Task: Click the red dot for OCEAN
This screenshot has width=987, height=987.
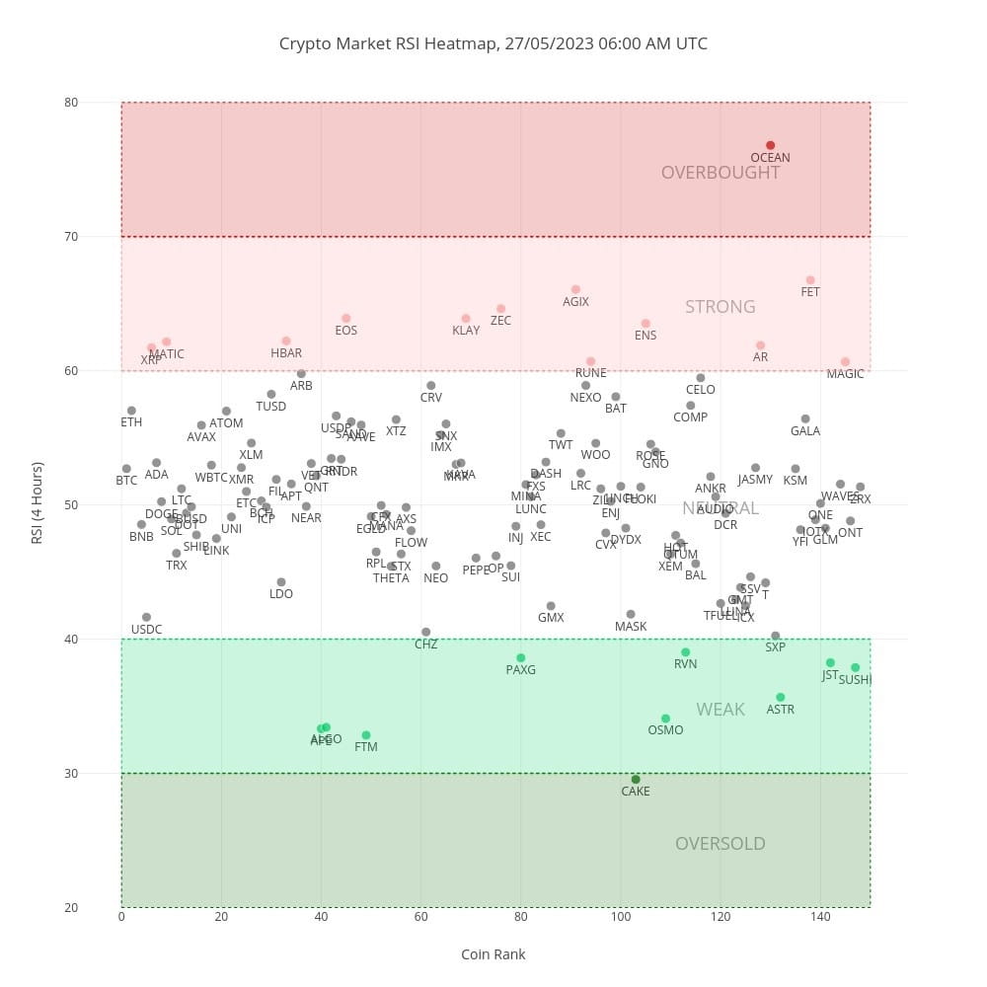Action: (x=770, y=146)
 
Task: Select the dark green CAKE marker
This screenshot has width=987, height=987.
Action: (x=636, y=780)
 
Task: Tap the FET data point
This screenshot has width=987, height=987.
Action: (x=810, y=280)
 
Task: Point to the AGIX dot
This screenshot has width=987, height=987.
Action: (x=575, y=290)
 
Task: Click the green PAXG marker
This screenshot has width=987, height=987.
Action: (x=520, y=658)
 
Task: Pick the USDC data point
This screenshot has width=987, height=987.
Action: (x=146, y=618)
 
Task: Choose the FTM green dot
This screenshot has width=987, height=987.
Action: (x=366, y=735)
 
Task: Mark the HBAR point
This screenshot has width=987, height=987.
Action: (x=286, y=342)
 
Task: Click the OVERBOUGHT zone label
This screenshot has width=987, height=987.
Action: (x=721, y=173)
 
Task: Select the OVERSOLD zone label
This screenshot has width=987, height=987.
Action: (x=721, y=844)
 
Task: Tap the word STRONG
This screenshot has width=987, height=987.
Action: (x=721, y=307)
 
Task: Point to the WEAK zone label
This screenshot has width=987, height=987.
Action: (x=721, y=710)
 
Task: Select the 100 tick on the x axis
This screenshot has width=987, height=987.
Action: (x=620, y=917)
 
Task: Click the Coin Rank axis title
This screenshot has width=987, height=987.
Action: (x=493, y=954)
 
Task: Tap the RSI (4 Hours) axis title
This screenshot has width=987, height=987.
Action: (x=38, y=504)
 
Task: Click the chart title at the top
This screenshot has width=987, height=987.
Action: (x=493, y=43)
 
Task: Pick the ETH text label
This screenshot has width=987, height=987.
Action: (x=131, y=422)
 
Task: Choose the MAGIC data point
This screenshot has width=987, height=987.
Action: (x=845, y=362)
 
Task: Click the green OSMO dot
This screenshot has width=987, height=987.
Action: (x=665, y=719)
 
